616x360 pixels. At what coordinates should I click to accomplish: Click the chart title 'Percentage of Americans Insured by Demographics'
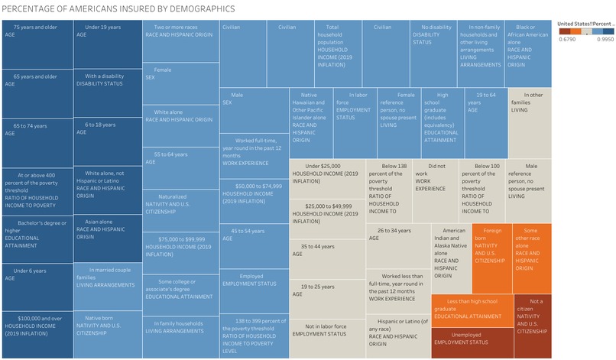[x=118, y=8]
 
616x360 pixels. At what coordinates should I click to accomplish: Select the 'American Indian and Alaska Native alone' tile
[x=451, y=258]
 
